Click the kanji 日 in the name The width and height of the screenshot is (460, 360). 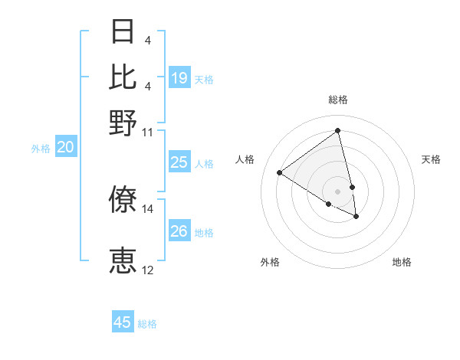(123, 33)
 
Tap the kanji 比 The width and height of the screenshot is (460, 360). (123, 77)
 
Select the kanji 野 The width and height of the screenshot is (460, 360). (123, 123)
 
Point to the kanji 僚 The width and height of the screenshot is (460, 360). (123, 199)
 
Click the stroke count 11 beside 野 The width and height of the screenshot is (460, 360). (148, 132)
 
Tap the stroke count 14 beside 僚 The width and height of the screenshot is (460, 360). (148, 208)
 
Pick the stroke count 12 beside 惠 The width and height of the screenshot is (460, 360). (148, 270)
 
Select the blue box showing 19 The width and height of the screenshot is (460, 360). (179, 78)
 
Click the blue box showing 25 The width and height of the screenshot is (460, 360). (179, 162)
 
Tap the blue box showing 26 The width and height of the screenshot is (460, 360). (179, 231)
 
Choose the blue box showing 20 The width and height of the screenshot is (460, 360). (65, 148)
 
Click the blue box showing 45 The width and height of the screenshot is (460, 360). (123, 322)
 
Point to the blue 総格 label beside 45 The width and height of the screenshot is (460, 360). (147, 324)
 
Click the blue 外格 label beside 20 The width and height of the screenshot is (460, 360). (41, 149)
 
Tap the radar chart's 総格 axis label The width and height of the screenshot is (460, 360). (337, 100)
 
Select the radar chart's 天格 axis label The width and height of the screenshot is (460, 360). (431, 159)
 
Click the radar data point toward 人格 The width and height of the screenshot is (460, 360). (280, 173)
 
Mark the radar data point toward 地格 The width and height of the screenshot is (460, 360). (356, 217)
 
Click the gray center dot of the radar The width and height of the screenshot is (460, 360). (337, 191)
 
